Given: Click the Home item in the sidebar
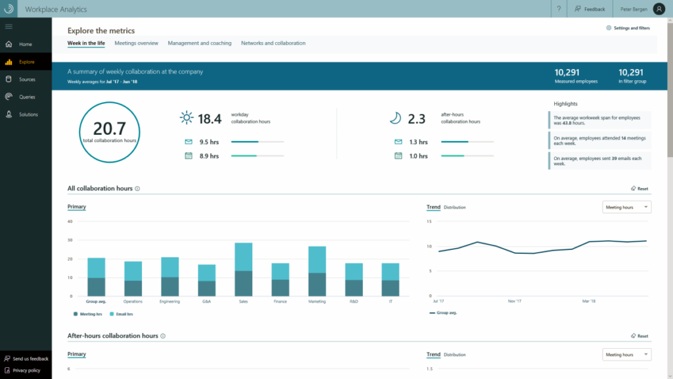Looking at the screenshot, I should [25, 44].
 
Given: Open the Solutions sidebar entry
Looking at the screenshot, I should [28, 114].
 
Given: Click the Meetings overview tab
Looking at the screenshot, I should [136, 43].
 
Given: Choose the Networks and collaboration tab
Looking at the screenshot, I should [273, 43].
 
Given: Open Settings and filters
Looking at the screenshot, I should [628, 28].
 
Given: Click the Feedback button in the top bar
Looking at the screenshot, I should [590, 9].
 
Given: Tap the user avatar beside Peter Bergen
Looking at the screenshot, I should [659, 9].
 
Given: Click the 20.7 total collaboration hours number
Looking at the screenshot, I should [109, 128].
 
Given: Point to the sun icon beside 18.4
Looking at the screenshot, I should [187, 118].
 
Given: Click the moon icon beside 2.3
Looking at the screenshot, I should [395, 118].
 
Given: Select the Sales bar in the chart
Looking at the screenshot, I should [244, 270].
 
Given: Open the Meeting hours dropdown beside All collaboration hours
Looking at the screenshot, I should [626, 207].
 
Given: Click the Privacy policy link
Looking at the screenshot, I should [26, 370].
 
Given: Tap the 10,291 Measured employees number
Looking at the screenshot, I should [567, 72].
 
